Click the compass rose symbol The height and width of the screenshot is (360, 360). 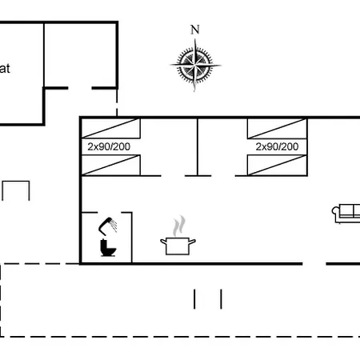194,65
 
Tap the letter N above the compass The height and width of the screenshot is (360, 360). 194,30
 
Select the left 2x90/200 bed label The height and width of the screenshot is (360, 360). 109,147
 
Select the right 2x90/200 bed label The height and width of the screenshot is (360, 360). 277,147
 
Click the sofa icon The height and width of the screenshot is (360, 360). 346,214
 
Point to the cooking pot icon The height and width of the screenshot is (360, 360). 178,244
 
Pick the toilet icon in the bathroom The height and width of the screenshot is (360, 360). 108,248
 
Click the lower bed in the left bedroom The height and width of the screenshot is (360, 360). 111,166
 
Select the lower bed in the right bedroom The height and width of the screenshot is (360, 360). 277,166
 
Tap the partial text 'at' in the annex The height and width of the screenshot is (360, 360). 5,69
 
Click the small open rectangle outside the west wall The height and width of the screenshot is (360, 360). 15,191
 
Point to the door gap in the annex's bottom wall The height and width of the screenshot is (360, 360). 79,88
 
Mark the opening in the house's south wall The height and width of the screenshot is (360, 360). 314,263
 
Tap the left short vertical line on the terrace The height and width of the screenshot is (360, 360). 195,298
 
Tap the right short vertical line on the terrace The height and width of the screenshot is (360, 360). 221,298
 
